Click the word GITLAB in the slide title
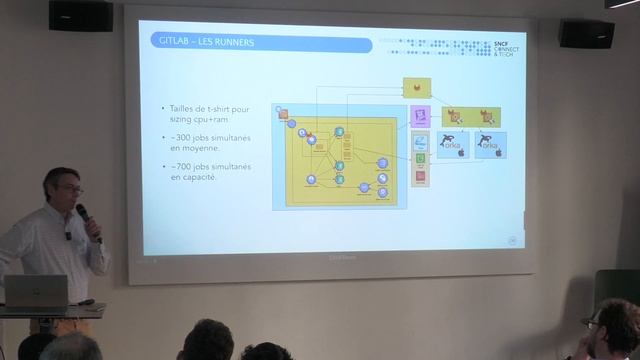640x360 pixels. click(x=172, y=43)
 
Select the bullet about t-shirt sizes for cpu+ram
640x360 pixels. click(x=210, y=113)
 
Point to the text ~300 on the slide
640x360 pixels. click(x=180, y=135)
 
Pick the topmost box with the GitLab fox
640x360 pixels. click(x=416, y=88)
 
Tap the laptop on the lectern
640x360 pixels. click(x=36, y=292)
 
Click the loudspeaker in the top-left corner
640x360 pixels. click(x=80, y=15)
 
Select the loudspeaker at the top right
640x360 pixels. click(x=586, y=34)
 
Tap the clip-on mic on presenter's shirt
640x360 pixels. click(x=69, y=236)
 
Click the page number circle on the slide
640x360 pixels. click(x=513, y=239)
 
